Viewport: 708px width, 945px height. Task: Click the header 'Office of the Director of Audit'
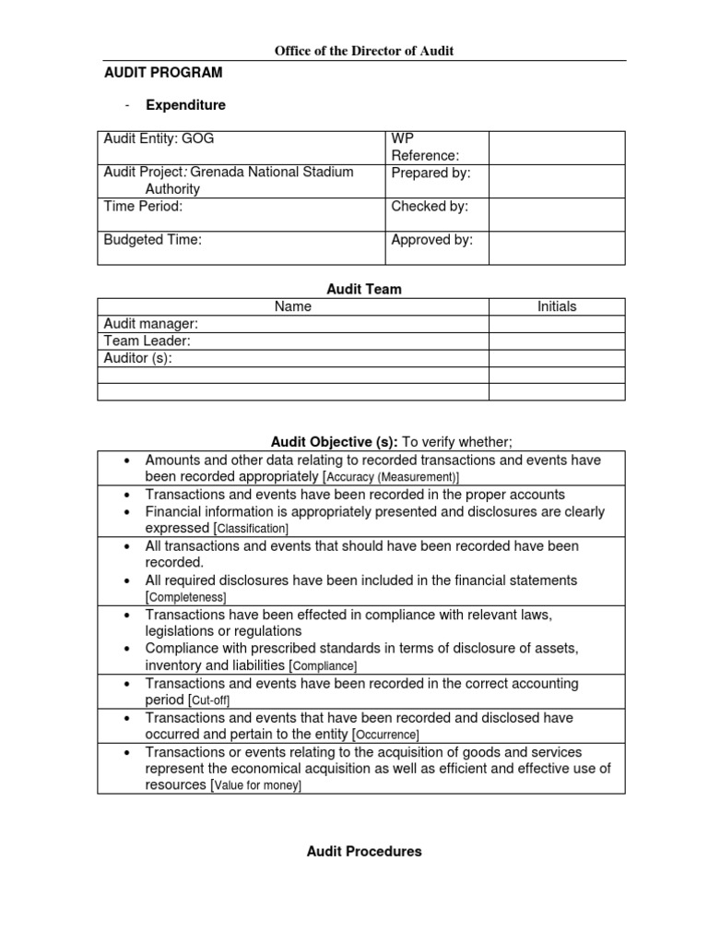(x=364, y=51)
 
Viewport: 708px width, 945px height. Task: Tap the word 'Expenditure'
(x=185, y=105)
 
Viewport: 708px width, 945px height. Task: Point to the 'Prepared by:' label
(x=431, y=173)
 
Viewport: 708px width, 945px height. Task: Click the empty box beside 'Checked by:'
(x=556, y=214)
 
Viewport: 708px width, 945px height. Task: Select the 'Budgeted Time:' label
(x=152, y=240)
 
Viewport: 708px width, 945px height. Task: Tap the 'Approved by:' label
(x=431, y=240)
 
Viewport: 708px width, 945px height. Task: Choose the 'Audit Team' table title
(x=365, y=289)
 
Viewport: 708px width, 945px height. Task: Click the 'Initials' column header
(x=556, y=306)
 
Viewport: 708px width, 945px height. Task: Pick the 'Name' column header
(x=293, y=306)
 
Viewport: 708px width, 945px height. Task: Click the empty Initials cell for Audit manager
(x=556, y=324)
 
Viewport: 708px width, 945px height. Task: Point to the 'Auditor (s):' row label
(x=137, y=358)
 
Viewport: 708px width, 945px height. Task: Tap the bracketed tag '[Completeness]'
(x=186, y=598)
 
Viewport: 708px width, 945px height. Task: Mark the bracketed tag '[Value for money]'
(x=256, y=785)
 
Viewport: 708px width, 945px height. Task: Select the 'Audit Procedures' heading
(x=364, y=852)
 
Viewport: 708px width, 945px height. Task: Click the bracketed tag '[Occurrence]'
(x=386, y=735)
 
